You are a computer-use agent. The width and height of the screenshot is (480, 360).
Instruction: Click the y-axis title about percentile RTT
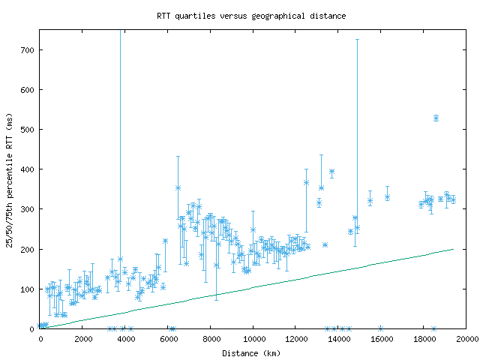pos(10,179)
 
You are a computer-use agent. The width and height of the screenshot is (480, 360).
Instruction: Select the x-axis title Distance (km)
pos(251,352)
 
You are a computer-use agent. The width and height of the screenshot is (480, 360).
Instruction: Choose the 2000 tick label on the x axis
pos(83,339)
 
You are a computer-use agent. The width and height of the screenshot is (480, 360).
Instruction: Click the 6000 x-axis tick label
pos(169,339)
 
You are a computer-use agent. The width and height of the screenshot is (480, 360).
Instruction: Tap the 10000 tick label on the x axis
pos(253,339)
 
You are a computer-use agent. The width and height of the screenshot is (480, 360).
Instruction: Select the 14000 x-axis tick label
pos(339,339)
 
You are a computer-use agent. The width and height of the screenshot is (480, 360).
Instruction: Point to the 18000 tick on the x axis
pos(424,339)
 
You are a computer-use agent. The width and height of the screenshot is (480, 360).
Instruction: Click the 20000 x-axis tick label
pos(466,339)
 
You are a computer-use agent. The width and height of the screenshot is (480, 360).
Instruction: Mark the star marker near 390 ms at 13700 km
pos(331,172)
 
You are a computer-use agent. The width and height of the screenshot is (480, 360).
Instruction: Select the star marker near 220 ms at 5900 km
pos(165,241)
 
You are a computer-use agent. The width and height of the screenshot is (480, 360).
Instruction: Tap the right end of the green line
pos(453,249)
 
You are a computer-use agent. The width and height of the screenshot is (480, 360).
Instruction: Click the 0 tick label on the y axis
pos(33,328)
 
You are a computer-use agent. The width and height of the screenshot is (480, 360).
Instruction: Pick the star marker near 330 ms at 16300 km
pos(387,196)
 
